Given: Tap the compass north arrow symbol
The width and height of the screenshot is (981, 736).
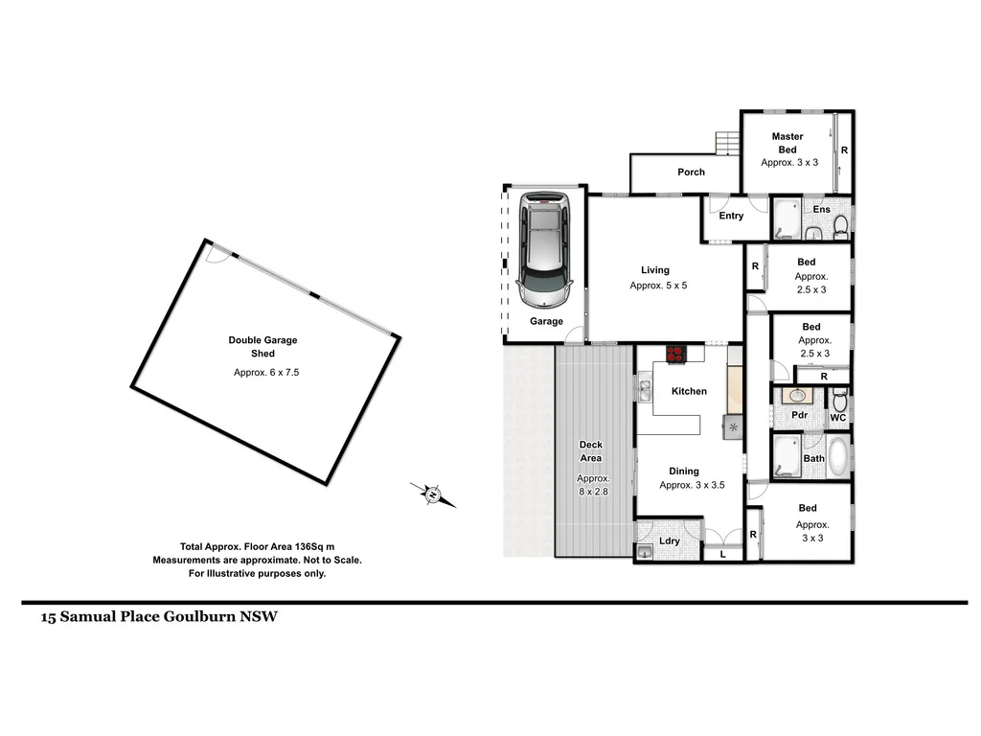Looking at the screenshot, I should [433, 494].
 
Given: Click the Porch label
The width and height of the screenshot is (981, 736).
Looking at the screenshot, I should [691, 172].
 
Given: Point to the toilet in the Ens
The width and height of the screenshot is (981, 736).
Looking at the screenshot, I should [840, 226].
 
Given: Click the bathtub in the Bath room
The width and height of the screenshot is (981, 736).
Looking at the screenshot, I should [838, 457].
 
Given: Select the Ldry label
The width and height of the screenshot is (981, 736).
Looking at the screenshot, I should [670, 541].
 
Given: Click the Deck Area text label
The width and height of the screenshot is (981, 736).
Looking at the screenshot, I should [591, 450].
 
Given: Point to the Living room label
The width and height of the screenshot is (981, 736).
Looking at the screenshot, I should [655, 270].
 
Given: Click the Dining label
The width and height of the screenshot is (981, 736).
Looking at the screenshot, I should [684, 471].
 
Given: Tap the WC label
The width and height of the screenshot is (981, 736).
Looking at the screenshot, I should [837, 418].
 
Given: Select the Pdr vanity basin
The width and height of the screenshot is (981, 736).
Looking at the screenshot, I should [796, 396].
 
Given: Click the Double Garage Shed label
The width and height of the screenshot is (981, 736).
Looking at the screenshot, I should [262, 347].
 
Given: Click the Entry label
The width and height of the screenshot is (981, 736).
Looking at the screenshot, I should [731, 216].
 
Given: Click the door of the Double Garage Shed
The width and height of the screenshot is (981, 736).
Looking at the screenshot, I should [219, 253].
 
